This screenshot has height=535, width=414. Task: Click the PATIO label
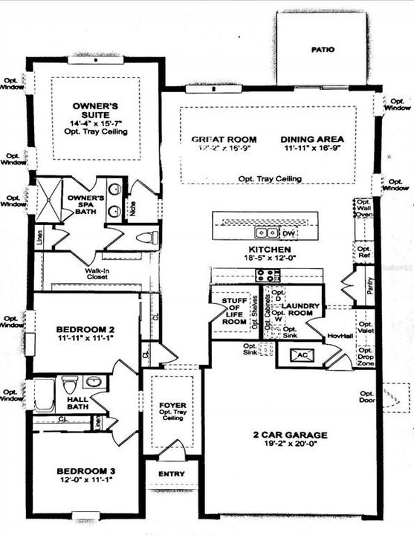[x=322, y=50]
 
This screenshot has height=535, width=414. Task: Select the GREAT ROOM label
[x=224, y=139]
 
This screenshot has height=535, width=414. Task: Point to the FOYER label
[x=173, y=406]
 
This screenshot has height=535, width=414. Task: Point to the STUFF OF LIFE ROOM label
[x=235, y=311]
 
